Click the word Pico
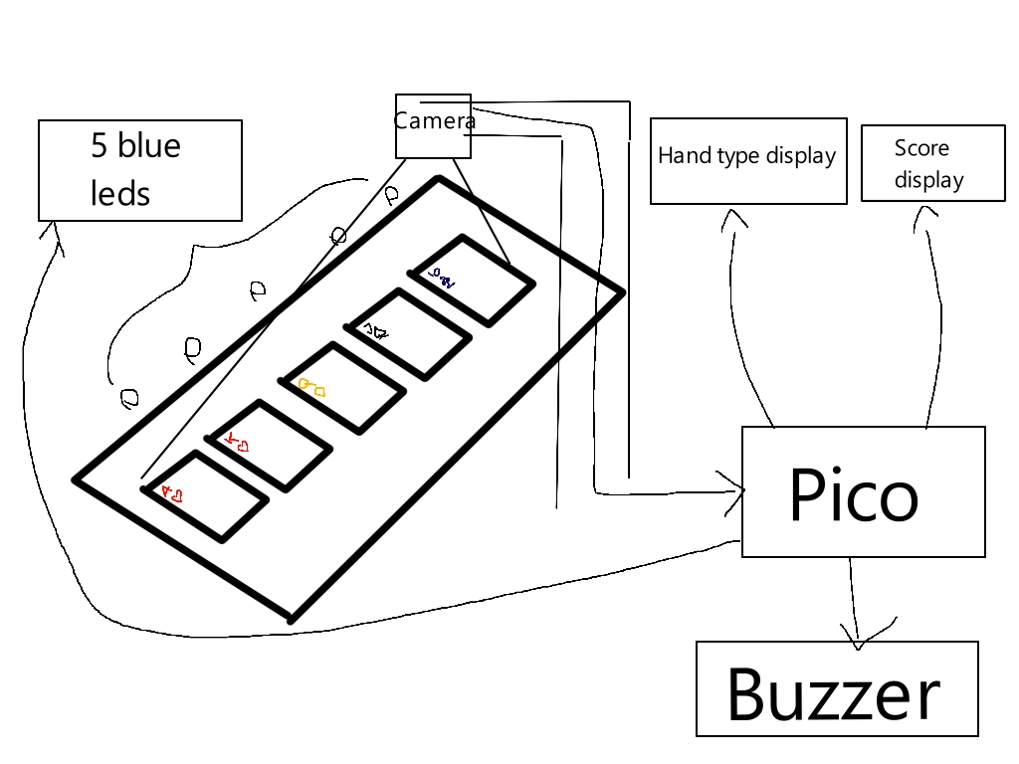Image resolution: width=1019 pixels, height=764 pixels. (853, 494)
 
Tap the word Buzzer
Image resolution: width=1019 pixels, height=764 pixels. (834, 694)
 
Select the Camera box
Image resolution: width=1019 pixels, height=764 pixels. (433, 126)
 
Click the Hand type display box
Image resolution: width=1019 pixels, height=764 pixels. (748, 161)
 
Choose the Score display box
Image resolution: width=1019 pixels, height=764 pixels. (932, 163)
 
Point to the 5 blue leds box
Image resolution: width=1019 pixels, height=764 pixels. (139, 170)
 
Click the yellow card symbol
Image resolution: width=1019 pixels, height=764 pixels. (312, 388)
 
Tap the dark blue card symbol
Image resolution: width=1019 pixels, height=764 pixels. (441, 279)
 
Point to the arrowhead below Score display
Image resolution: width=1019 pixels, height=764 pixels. (927, 214)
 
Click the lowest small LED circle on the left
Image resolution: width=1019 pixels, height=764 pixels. (129, 399)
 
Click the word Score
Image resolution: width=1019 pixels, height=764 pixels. (921, 148)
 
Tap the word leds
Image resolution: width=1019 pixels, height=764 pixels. (119, 194)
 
